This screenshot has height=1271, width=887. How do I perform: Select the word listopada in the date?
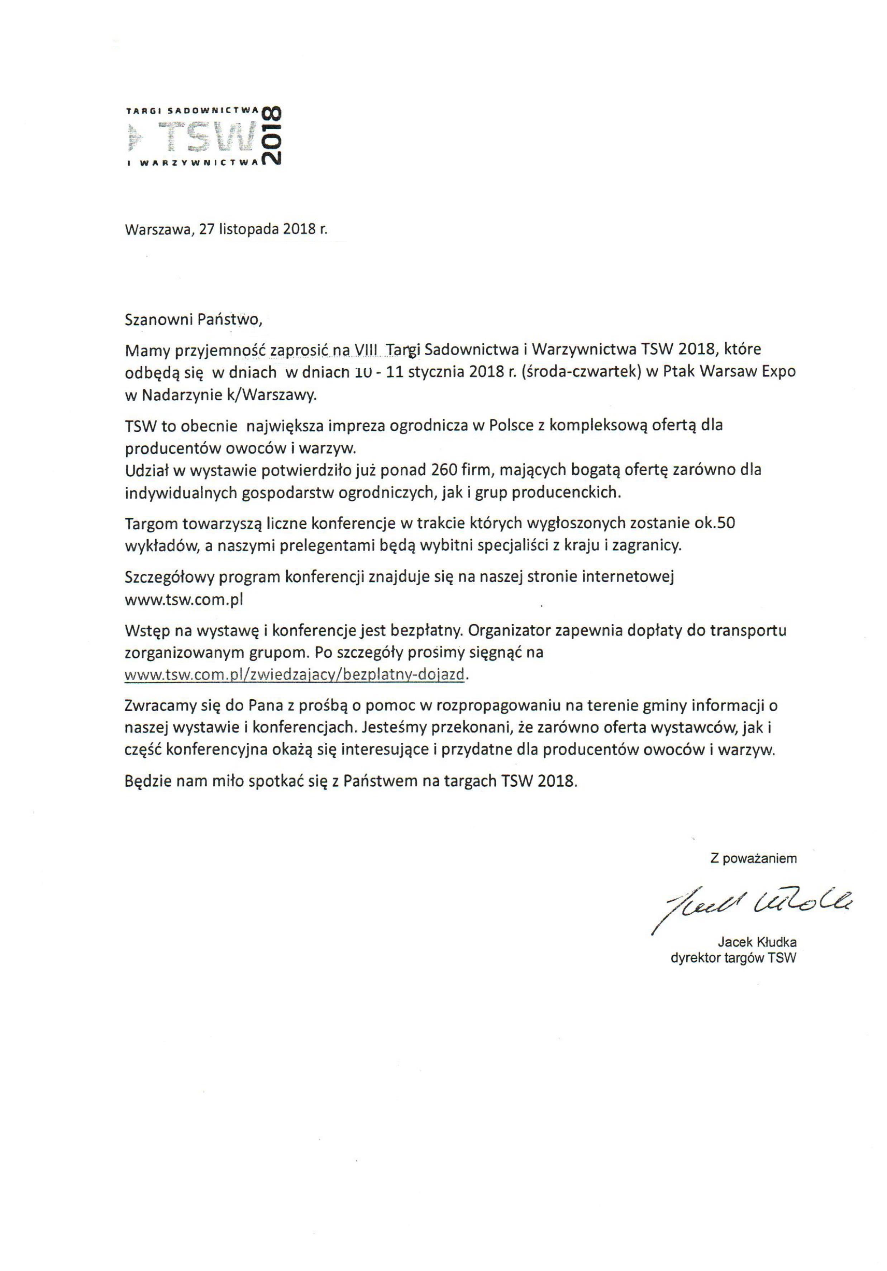tap(249, 229)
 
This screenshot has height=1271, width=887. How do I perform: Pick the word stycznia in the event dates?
tap(437, 372)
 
